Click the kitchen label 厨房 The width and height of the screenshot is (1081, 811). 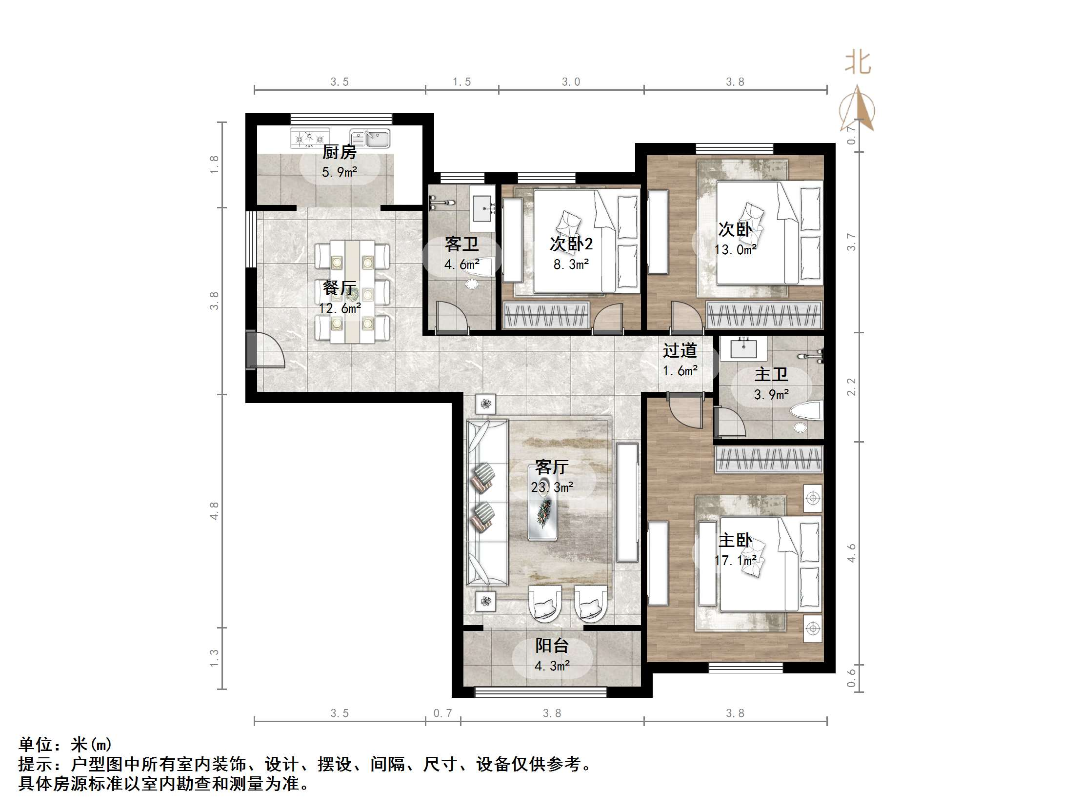coord(339,152)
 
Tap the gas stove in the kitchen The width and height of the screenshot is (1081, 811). coord(309,139)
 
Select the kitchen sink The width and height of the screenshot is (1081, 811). coord(370,139)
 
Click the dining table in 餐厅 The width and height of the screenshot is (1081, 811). coord(352,291)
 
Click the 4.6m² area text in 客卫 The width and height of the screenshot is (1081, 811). coord(462,264)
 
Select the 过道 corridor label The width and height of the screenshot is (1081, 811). coord(680,350)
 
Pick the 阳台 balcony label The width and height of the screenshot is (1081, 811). coord(552,646)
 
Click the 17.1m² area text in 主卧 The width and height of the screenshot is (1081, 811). coord(736,560)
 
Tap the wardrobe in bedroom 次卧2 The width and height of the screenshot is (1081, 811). coord(546,314)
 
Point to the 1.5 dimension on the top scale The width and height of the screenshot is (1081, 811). coord(461,81)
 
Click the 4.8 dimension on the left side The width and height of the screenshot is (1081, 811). coord(214,511)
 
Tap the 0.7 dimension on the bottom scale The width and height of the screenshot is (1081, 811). coord(443,713)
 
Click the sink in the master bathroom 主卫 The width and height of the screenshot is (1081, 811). coord(743,348)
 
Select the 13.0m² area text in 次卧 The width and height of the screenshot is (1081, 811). coord(735,250)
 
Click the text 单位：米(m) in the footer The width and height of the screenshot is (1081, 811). coord(65,745)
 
